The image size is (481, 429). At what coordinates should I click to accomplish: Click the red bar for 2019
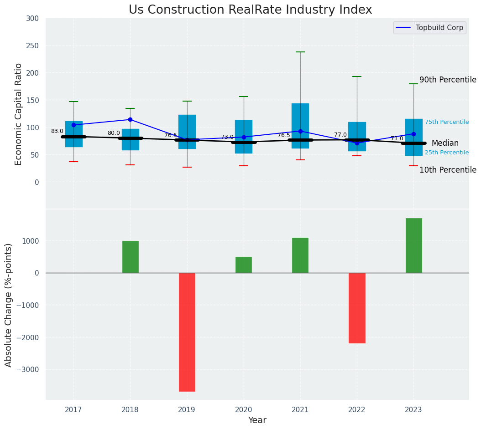pyautogui.click(x=187, y=332)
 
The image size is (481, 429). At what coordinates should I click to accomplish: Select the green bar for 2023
pyautogui.click(x=413, y=245)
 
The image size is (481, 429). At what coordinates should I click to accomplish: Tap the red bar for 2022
pyautogui.click(x=357, y=308)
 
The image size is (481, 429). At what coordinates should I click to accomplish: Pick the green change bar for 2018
pyautogui.click(x=131, y=257)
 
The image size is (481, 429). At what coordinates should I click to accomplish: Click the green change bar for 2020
pyautogui.click(x=244, y=265)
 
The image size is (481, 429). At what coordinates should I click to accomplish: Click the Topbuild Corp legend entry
pyautogui.click(x=430, y=28)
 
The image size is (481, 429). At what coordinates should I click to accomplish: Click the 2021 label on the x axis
pyautogui.click(x=300, y=410)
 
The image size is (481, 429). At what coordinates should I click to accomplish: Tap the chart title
pyautogui.click(x=250, y=10)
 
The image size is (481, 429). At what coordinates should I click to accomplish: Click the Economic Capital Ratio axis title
pyautogui.click(x=19, y=114)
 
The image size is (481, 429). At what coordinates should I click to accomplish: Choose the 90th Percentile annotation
pyautogui.click(x=448, y=80)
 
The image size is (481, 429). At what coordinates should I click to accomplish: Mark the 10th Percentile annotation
pyautogui.click(x=448, y=170)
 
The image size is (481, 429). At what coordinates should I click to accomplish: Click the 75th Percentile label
pyautogui.click(x=447, y=122)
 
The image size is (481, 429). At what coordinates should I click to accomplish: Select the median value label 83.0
pyautogui.click(x=57, y=131)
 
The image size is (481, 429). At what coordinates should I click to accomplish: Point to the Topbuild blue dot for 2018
pyautogui.click(x=131, y=120)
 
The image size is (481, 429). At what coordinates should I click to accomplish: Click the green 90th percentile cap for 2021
pyautogui.click(x=300, y=52)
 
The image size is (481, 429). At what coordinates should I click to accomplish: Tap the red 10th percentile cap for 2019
pyautogui.click(x=187, y=167)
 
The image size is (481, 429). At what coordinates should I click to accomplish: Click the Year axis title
pyautogui.click(x=257, y=420)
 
